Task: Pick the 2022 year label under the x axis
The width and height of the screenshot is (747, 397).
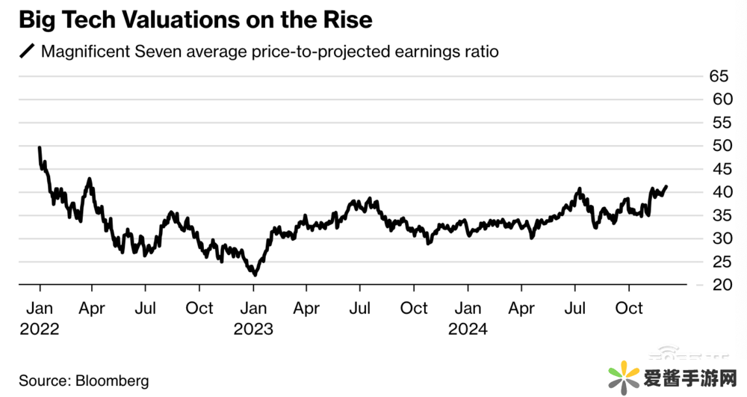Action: point(39,329)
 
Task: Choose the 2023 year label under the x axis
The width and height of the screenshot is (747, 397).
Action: point(253,329)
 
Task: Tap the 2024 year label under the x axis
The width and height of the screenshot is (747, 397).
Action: point(468,329)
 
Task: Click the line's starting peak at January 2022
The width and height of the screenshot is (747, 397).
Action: point(39,147)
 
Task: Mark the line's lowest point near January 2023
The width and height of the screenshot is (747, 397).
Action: point(255,275)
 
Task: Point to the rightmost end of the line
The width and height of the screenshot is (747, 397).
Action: point(666,186)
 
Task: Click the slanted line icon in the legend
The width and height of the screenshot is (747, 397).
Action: point(27,52)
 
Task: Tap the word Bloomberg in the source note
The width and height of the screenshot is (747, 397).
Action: point(114,381)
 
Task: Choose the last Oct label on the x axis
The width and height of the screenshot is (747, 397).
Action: point(628,308)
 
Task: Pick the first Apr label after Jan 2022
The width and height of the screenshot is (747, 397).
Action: point(92,308)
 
